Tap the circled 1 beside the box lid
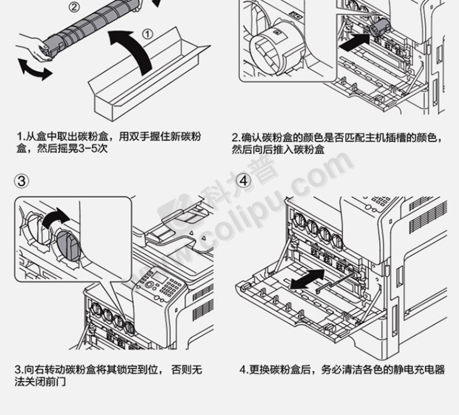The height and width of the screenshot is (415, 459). (148, 34)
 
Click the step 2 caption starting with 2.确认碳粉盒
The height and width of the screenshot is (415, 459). (340, 143)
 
